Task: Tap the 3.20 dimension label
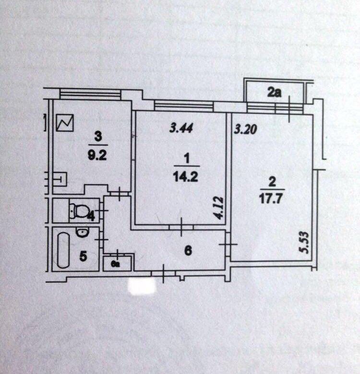(243, 129)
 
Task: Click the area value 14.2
(185, 176)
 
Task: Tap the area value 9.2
(97, 155)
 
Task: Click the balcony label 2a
(274, 93)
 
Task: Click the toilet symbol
(78, 209)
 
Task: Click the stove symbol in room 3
(65, 123)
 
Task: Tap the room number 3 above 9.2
(98, 137)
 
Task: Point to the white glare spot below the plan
(142, 286)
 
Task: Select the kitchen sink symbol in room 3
(61, 180)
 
